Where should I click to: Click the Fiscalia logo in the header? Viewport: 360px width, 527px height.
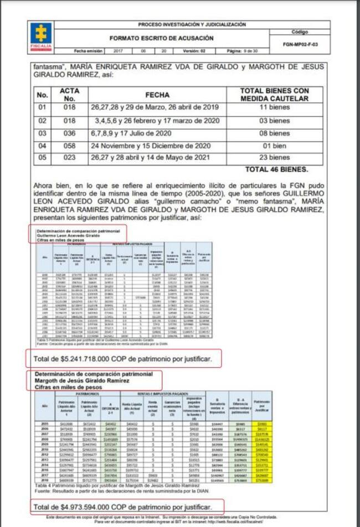[x=42, y=35]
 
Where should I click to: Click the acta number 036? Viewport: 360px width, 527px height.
[x=69, y=133]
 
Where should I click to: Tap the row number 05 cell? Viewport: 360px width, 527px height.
[x=43, y=158]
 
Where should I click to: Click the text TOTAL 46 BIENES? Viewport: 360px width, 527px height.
[x=276, y=169]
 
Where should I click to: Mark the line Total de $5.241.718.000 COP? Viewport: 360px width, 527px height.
[x=122, y=359]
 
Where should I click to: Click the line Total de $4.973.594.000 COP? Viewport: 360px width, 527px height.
[x=122, y=507]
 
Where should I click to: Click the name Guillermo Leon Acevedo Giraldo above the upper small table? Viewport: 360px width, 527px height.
[x=68, y=235]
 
